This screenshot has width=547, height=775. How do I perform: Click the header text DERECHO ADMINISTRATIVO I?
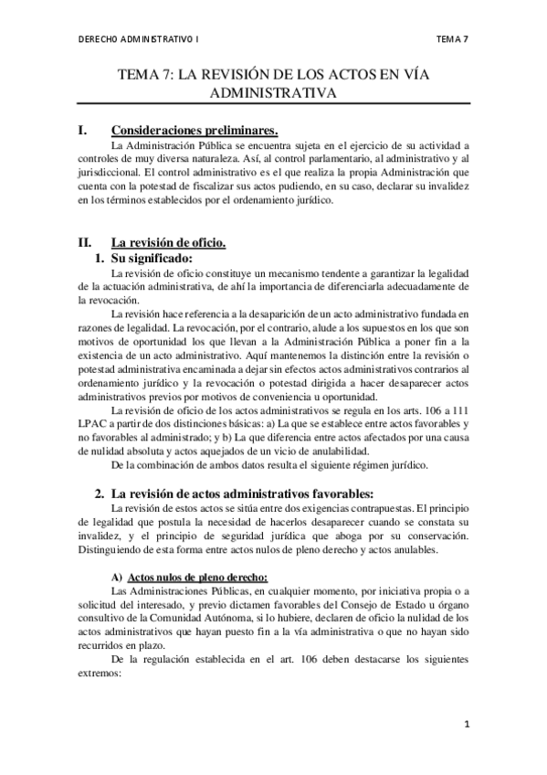pyautogui.click(x=139, y=38)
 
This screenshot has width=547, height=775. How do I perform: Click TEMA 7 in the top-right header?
pyautogui.click(x=453, y=38)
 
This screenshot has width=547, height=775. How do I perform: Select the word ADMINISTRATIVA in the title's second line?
pyautogui.click(x=273, y=93)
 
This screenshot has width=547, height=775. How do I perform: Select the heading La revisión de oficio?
pyautogui.click(x=168, y=242)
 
